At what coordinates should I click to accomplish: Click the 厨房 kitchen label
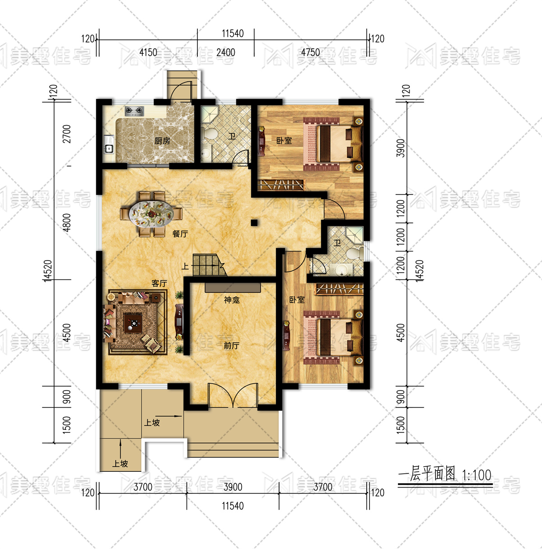tap(162, 141)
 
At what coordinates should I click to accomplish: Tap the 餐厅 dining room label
tap(180, 234)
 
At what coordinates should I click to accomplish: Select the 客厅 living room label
tap(159, 283)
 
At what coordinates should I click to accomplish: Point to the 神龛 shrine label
tap(232, 300)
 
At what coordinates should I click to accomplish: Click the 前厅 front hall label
tap(232, 345)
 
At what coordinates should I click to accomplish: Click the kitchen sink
tap(109, 149)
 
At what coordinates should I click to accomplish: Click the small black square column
tap(254, 223)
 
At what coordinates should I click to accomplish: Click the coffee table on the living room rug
tap(133, 323)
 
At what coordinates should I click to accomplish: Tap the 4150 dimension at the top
tap(148, 52)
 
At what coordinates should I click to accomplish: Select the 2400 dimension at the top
tap(226, 52)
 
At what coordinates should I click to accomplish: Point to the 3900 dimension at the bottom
tap(233, 487)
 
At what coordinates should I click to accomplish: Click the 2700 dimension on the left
tap(66, 134)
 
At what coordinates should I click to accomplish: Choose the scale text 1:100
tap(477, 475)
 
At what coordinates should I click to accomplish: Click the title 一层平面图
tap(426, 474)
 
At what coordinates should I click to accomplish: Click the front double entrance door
tap(233, 395)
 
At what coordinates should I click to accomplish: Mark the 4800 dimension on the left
tap(66, 223)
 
